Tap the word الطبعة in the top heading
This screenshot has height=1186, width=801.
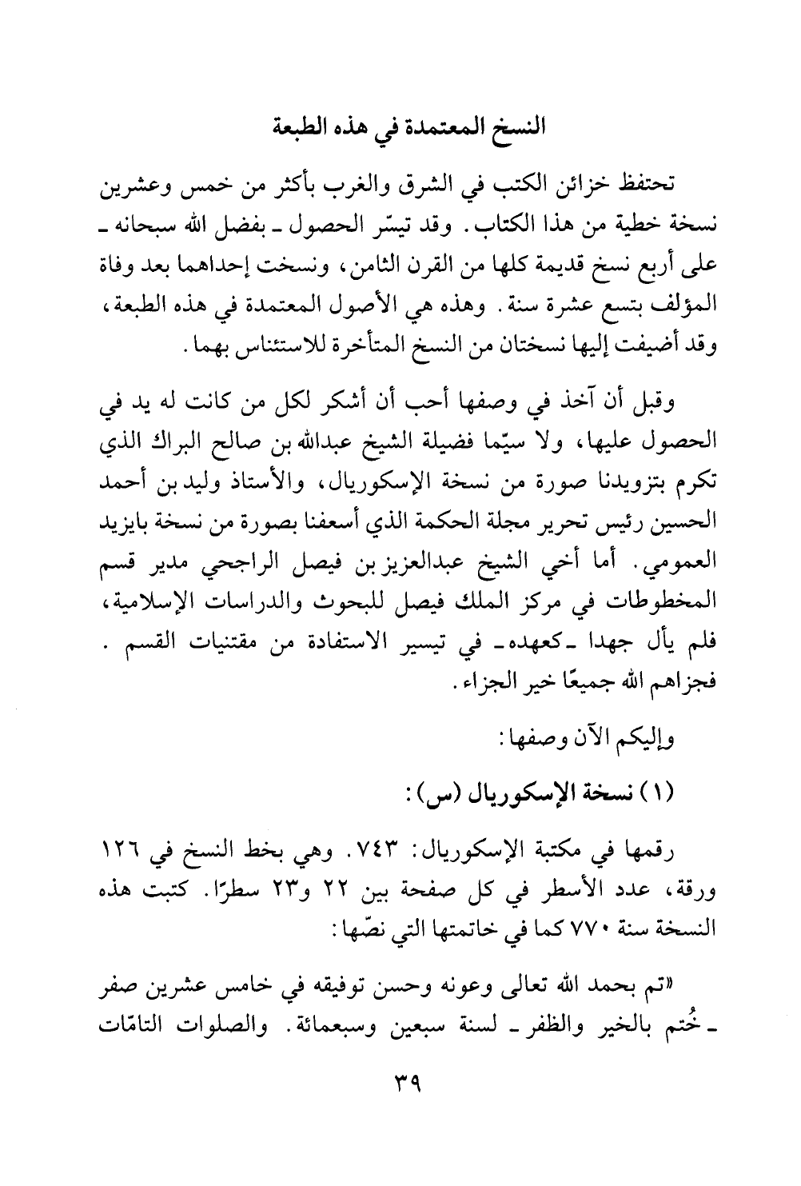pos(305,127)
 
